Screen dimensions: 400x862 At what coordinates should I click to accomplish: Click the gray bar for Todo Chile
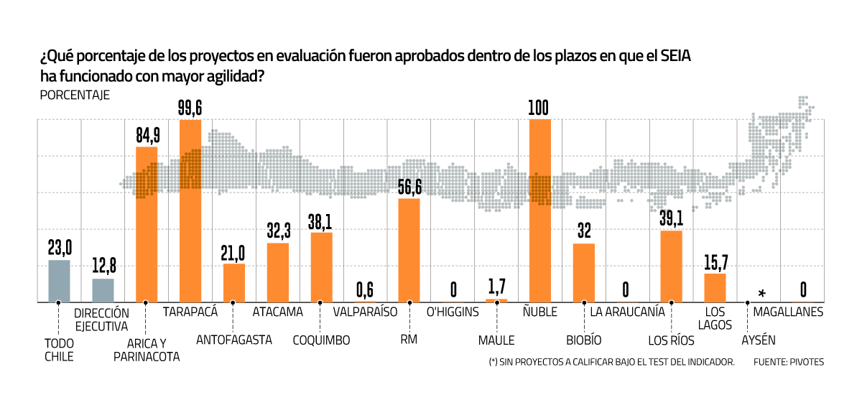click(x=59, y=281)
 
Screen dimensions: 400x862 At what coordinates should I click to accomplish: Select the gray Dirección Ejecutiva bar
click(x=103, y=290)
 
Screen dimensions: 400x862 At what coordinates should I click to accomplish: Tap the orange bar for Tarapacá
click(x=190, y=210)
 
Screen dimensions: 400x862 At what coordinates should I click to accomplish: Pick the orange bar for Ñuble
click(x=539, y=210)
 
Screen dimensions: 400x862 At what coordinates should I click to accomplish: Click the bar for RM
click(x=409, y=250)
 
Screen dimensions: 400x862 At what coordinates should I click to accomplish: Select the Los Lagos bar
click(x=715, y=287)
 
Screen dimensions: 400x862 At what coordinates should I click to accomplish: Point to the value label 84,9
click(x=147, y=135)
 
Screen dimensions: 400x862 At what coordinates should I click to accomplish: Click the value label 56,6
click(x=409, y=187)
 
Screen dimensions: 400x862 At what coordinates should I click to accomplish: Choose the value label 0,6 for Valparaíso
click(x=365, y=289)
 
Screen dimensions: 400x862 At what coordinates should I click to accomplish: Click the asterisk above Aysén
click(x=761, y=293)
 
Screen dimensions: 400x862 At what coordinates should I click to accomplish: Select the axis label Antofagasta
click(x=233, y=340)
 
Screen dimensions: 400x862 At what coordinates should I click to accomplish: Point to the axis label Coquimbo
click(x=321, y=340)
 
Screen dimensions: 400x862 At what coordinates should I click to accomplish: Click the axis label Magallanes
click(x=788, y=312)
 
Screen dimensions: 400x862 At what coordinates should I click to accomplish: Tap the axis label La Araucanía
click(x=627, y=312)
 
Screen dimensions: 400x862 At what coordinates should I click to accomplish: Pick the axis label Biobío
click(x=583, y=340)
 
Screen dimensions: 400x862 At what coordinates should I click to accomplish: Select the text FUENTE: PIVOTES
click(x=789, y=362)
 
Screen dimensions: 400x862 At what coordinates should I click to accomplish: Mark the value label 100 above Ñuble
click(x=539, y=108)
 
